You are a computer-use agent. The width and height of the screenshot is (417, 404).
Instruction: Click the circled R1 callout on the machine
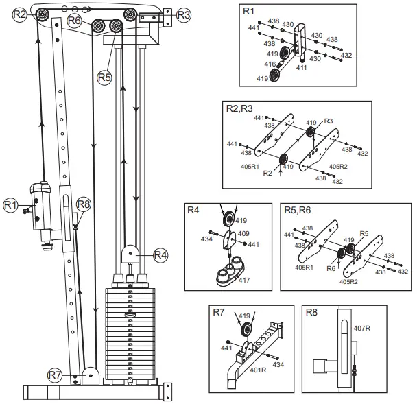[x=10, y=204]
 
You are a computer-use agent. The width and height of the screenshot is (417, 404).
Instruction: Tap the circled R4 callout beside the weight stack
[x=160, y=255]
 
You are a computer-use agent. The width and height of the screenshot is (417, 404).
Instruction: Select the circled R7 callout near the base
[x=55, y=375]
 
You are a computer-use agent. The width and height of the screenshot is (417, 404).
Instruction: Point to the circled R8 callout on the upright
[x=83, y=204]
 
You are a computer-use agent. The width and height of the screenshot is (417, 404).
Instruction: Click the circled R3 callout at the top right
[x=183, y=14]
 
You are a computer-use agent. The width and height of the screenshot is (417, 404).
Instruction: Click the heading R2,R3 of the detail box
[x=240, y=108]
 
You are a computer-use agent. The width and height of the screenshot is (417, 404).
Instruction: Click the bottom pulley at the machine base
[x=88, y=375]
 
